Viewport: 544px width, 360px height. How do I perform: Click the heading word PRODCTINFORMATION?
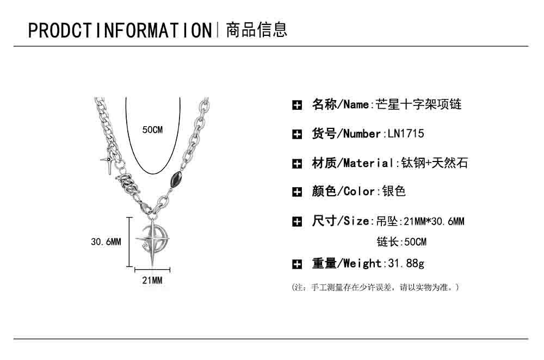point(119,30)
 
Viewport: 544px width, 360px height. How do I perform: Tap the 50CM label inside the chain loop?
point(152,129)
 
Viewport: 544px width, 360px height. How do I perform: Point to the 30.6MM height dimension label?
point(106,241)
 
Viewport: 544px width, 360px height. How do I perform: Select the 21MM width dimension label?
point(152,281)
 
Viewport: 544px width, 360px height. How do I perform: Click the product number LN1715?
point(405,134)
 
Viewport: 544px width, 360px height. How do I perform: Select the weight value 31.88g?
point(405,264)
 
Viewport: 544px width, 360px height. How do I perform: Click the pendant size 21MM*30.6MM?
point(432,221)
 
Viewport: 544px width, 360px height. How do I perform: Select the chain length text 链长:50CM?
point(401,242)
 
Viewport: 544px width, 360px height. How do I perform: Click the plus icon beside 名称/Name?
point(297,105)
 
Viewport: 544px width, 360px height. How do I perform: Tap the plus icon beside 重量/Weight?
point(297,264)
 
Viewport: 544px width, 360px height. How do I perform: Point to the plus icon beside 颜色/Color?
point(297,192)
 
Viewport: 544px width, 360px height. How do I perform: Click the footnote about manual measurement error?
point(376,287)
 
